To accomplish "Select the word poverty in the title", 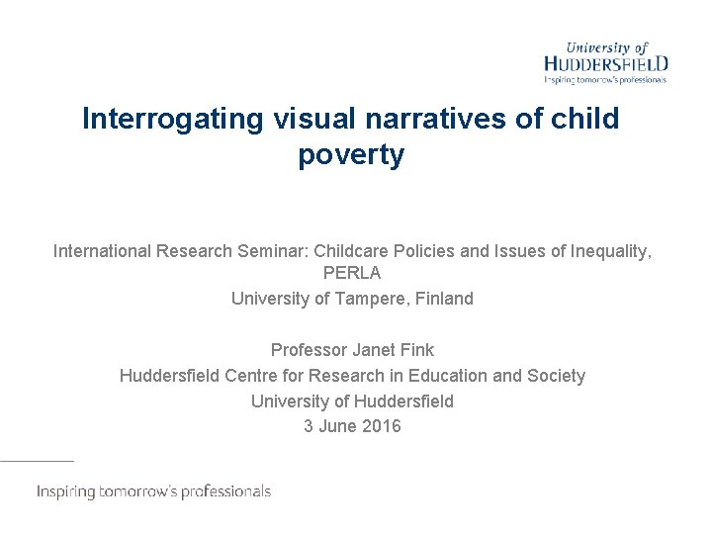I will [351, 155].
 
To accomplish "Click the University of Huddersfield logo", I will [605, 62].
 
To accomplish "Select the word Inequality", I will [609, 251].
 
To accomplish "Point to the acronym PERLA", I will [352, 272].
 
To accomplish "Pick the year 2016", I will [382, 427].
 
